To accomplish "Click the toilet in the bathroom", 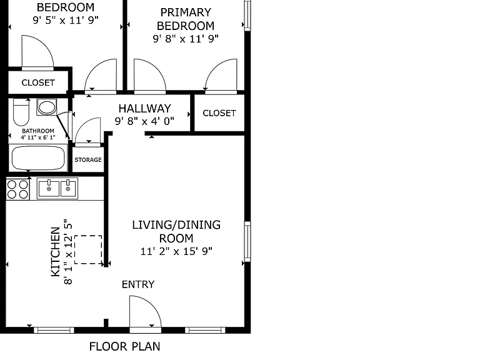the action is click(x=21, y=112).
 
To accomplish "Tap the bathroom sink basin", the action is click(x=46, y=107).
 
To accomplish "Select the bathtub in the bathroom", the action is click(x=38, y=158).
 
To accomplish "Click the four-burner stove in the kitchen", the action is click(x=17, y=189).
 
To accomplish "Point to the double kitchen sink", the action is click(x=57, y=189).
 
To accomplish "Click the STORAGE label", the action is click(x=88, y=160).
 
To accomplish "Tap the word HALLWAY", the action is click(x=145, y=108).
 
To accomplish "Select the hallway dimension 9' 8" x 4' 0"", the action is click(x=144, y=121).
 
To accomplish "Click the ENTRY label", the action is click(x=138, y=284).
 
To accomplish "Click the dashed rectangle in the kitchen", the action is click(x=89, y=249).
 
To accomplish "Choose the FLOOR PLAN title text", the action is click(x=124, y=346).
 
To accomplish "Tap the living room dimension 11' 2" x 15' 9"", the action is click(x=176, y=251).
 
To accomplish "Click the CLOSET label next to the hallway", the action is click(x=219, y=113).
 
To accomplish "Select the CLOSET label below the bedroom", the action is click(x=38, y=82).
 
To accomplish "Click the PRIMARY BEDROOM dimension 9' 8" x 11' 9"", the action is click(x=186, y=39).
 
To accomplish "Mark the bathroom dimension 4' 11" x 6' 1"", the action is click(x=38, y=137).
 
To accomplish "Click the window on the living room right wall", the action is click(x=247, y=242).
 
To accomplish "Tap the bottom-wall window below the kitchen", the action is click(x=54, y=330).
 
